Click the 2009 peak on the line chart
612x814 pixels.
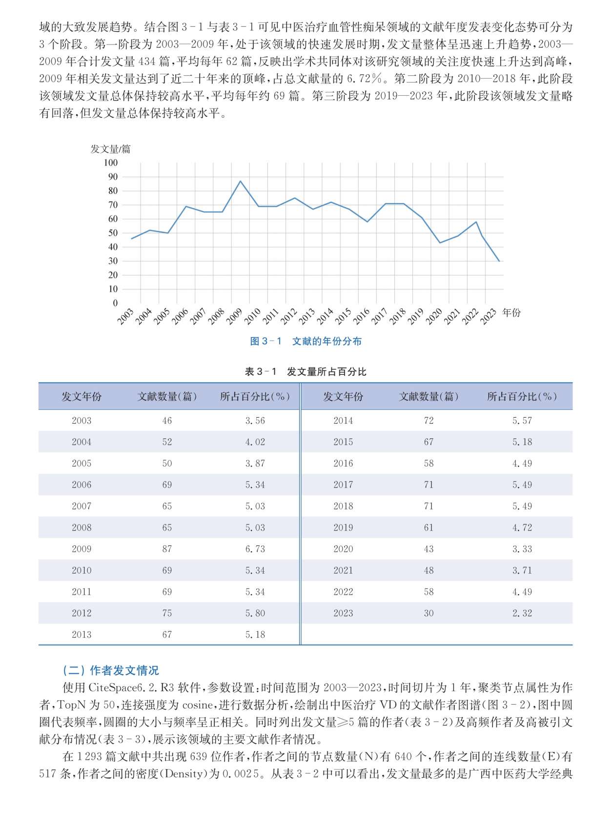pyautogui.click(x=240, y=181)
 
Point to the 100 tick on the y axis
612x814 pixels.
pyautogui.click(x=111, y=163)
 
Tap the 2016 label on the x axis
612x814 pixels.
pyautogui.click(x=361, y=317)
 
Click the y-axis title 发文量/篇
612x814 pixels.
pyautogui.click(x=111, y=149)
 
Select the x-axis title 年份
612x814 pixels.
pyautogui.click(x=511, y=312)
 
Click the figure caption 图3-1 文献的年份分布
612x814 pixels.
pyautogui.click(x=306, y=341)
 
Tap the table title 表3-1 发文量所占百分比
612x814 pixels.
pyautogui.click(x=306, y=371)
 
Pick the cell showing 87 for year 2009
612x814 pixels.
pyautogui.click(x=167, y=549)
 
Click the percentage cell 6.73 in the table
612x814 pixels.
pyautogui.click(x=255, y=549)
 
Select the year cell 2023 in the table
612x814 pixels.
pyautogui.click(x=343, y=613)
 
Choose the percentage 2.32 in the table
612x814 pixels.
pyautogui.click(x=522, y=613)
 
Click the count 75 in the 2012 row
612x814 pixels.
pyautogui.click(x=167, y=613)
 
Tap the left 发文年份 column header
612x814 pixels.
pyautogui.click(x=82, y=396)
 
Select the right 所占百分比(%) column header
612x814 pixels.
pyautogui.click(x=522, y=396)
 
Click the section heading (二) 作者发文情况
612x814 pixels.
pyautogui.click(x=111, y=670)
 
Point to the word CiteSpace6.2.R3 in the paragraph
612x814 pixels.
pyautogui.click(x=131, y=688)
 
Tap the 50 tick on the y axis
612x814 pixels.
pyautogui.click(x=113, y=233)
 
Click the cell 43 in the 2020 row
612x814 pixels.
pyautogui.click(x=428, y=549)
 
